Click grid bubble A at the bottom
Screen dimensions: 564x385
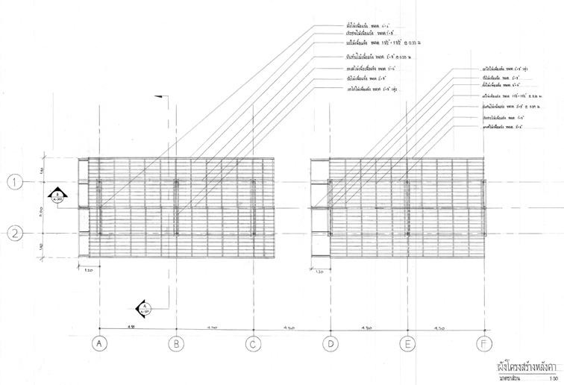click(99, 344)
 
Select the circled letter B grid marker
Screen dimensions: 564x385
click(176, 344)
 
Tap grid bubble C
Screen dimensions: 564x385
click(254, 344)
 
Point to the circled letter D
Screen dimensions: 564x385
click(330, 344)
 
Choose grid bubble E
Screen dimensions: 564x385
click(407, 344)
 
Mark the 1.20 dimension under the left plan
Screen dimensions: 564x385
click(87, 269)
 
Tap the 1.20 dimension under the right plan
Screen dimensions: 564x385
click(319, 272)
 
